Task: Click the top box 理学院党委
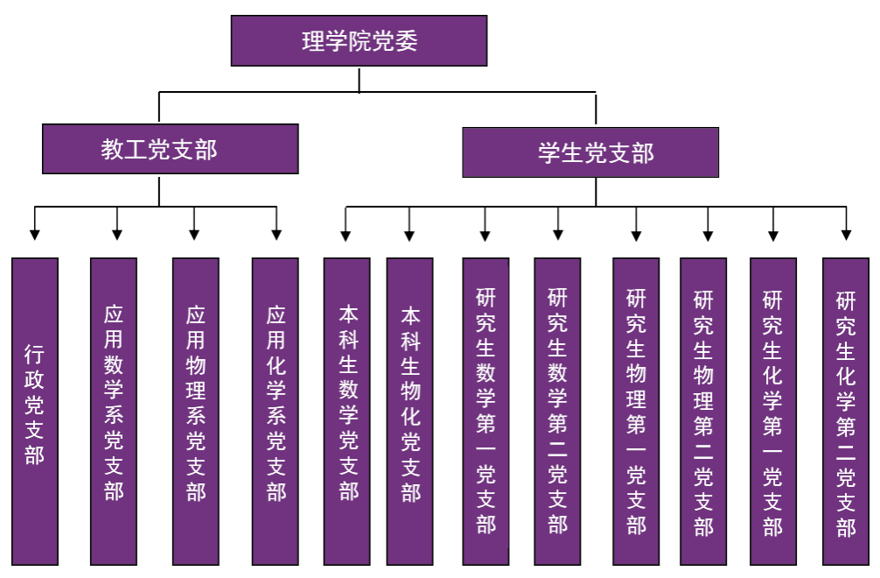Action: click(359, 41)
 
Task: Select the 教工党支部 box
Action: click(171, 149)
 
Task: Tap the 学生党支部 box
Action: click(590, 153)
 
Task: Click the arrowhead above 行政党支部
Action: click(35, 234)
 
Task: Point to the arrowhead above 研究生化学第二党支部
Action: click(846, 234)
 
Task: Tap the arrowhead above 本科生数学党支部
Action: click(346, 234)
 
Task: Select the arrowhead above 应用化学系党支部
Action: click(276, 234)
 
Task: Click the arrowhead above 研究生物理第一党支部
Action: click(636, 234)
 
